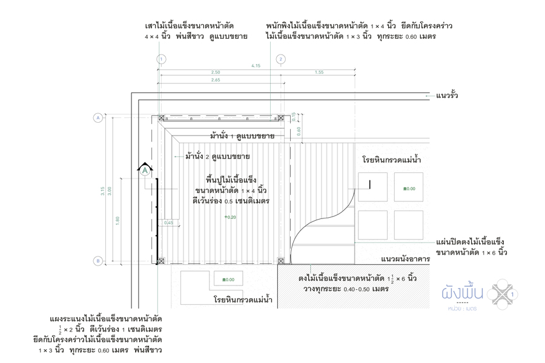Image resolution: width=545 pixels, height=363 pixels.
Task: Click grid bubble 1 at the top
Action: click(161, 59)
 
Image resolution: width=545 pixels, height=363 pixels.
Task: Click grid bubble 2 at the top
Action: click(281, 59)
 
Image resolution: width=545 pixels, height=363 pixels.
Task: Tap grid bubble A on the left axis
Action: click(97, 118)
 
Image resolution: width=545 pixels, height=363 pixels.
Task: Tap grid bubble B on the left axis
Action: click(97, 261)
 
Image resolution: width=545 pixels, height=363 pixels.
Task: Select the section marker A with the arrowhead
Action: click(145, 171)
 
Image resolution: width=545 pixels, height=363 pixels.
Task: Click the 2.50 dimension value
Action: click(216, 73)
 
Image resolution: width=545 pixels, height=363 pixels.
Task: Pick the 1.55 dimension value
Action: click(319, 73)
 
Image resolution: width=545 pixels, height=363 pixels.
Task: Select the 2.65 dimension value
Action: click(216, 80)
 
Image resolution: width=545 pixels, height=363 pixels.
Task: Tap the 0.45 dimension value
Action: click(169, 223)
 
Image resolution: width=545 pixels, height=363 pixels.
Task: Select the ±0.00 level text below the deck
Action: click(228, 280)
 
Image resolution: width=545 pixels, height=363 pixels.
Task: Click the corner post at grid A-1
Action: click(161, 118)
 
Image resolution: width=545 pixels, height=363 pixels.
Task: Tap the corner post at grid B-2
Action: click(281, 261)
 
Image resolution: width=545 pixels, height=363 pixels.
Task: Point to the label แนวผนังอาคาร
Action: click(405, 259)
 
